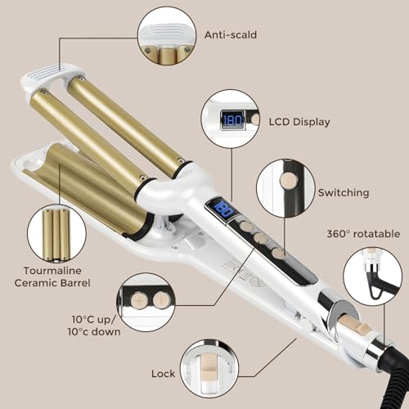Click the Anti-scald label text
click(x=230, y=36)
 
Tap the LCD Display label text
click(x=299, y=122)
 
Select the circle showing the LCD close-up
click(x=231, y=120)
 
